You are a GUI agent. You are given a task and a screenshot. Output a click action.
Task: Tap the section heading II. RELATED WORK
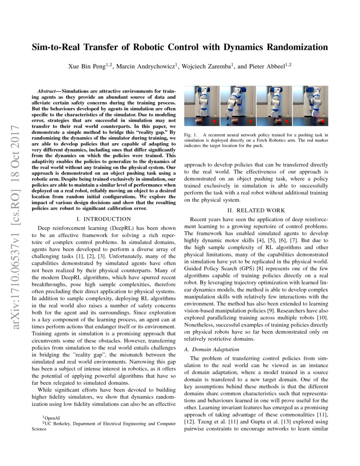pyautogui.click(x=256, y=211)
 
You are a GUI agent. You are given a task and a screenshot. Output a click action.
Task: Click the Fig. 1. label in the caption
pyautogui.click(x=190, y=135)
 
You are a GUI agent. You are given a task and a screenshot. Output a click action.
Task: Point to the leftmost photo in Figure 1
pyautogui.click(x=201, y=105)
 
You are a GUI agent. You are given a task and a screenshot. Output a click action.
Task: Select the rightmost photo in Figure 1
pyautogui.click(x=310, y=105)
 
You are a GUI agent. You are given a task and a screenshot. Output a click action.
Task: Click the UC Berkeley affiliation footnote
pyautogui.click(x=103, y=423)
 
